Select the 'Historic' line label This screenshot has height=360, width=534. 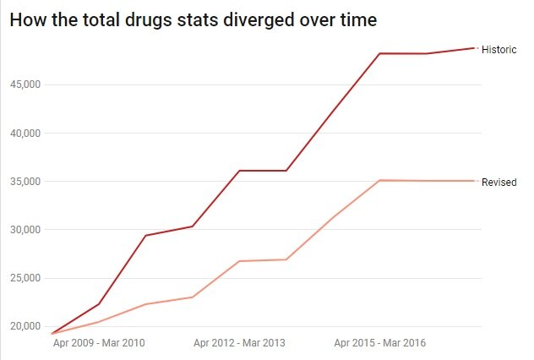(499, 50)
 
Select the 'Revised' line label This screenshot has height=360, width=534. (499, 182)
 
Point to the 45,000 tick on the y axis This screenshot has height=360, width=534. (26, 85)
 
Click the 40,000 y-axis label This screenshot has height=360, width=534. (26, 133)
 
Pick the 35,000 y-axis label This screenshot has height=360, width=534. (26, 182)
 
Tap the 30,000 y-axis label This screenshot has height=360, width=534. (26, 230)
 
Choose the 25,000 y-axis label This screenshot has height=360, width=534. (26, 278)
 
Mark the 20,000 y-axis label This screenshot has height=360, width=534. (26, 326)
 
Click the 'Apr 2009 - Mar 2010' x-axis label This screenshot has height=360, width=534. (99, 344)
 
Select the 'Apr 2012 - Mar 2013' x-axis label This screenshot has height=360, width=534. (239, 344)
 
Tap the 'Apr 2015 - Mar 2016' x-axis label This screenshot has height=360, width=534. (380, 344)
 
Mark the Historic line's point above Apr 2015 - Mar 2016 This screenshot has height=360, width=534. (380, 53)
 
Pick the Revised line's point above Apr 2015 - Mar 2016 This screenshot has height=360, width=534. (380, 180)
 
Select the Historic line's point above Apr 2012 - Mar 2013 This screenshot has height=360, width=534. (239, 171)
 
